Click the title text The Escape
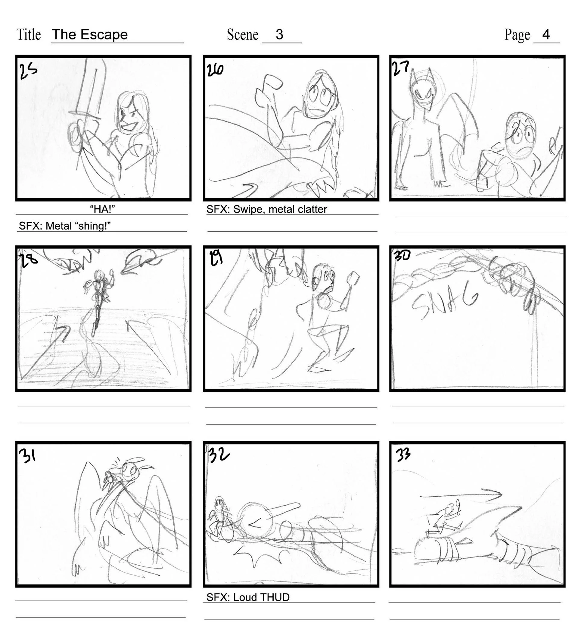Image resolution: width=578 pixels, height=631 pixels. pos(90,34)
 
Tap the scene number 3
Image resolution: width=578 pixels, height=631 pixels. pos(279,34)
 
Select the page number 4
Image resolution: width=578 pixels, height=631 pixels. pos(546,34)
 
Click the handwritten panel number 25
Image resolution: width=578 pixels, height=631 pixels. pos(28,71)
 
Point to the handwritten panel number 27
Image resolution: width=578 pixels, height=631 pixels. pos(400,69)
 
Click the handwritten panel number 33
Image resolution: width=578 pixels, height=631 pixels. pos(403,454)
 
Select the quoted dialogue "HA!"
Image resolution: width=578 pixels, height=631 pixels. pos(102,209)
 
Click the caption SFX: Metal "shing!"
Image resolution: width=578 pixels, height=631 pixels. pos(65,226)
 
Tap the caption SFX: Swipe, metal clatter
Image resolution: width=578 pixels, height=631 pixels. pos(266,209)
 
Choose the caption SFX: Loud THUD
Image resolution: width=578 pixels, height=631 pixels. pos(248,597)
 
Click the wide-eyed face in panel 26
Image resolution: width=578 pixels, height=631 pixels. pos(319,97)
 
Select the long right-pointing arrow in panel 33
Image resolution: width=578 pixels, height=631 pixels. pos(460,494)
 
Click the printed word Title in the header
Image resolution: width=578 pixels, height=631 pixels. pos(29,34)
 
